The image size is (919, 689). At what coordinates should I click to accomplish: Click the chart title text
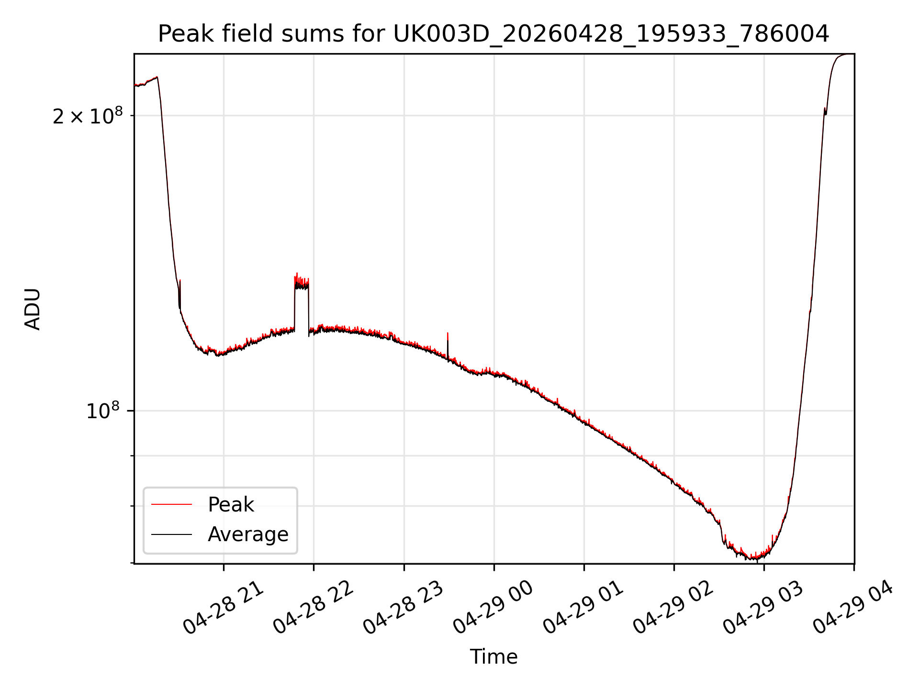pyautogui.click(x=493, y=34)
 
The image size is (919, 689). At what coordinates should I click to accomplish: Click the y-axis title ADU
pyautogui.click(x=33, y=309)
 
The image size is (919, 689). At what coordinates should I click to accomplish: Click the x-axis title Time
pyautogui.click(x=493, y=657)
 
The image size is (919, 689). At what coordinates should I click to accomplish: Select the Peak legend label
pyautogui.click(x=231, y=505)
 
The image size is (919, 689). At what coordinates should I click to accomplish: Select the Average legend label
pyautogui.click(x=248, y=534)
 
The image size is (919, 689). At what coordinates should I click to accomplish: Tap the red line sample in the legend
pyautogui.click(x=171, y=504)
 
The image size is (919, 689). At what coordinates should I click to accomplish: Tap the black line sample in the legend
pyautogui.click(x=171, y=534)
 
